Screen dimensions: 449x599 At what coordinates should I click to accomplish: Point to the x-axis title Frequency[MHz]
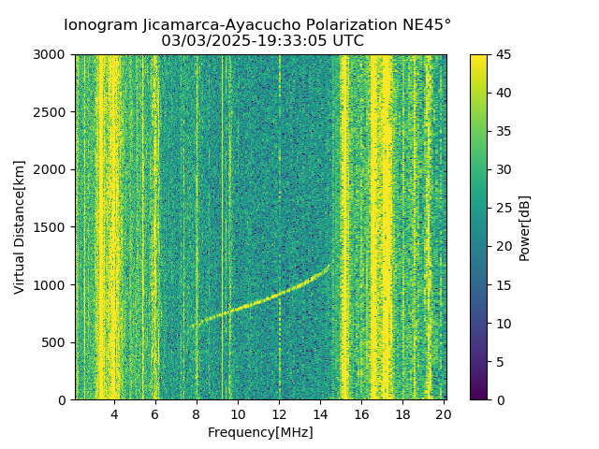260,432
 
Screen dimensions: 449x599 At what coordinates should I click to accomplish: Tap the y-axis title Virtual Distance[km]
20,227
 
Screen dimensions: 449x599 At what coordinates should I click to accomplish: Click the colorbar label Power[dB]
525,227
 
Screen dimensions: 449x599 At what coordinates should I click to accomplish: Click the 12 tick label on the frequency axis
279,414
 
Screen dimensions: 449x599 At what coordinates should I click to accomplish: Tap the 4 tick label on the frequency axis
114,414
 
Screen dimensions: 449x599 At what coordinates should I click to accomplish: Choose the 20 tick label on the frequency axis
444,414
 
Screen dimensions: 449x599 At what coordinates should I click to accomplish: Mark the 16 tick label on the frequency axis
361,414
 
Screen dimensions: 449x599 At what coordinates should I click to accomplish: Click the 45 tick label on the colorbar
503,54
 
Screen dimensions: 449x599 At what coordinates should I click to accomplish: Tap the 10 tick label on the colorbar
503,323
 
